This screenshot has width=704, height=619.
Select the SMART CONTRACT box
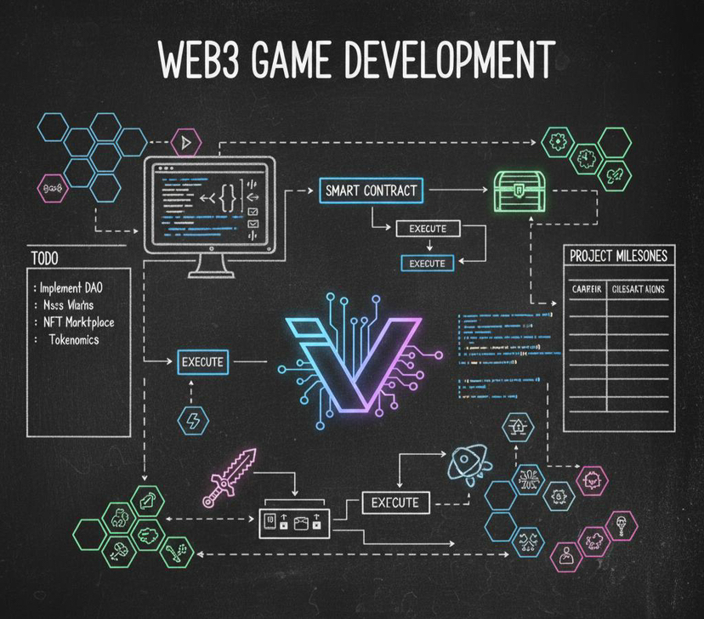pos(372,190)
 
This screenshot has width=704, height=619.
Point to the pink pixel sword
pos(229,476)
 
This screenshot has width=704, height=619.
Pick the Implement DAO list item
pos(77,287)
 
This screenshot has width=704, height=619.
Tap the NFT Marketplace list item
pos(78,322)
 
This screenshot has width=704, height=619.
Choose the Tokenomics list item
pos(72,339)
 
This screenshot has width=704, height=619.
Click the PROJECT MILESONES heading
pos(618,255)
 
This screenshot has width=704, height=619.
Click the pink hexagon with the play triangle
pos(185,141)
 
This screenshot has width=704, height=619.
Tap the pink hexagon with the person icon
pos(565,556)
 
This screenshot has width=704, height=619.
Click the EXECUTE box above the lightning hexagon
pos(202,362)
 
